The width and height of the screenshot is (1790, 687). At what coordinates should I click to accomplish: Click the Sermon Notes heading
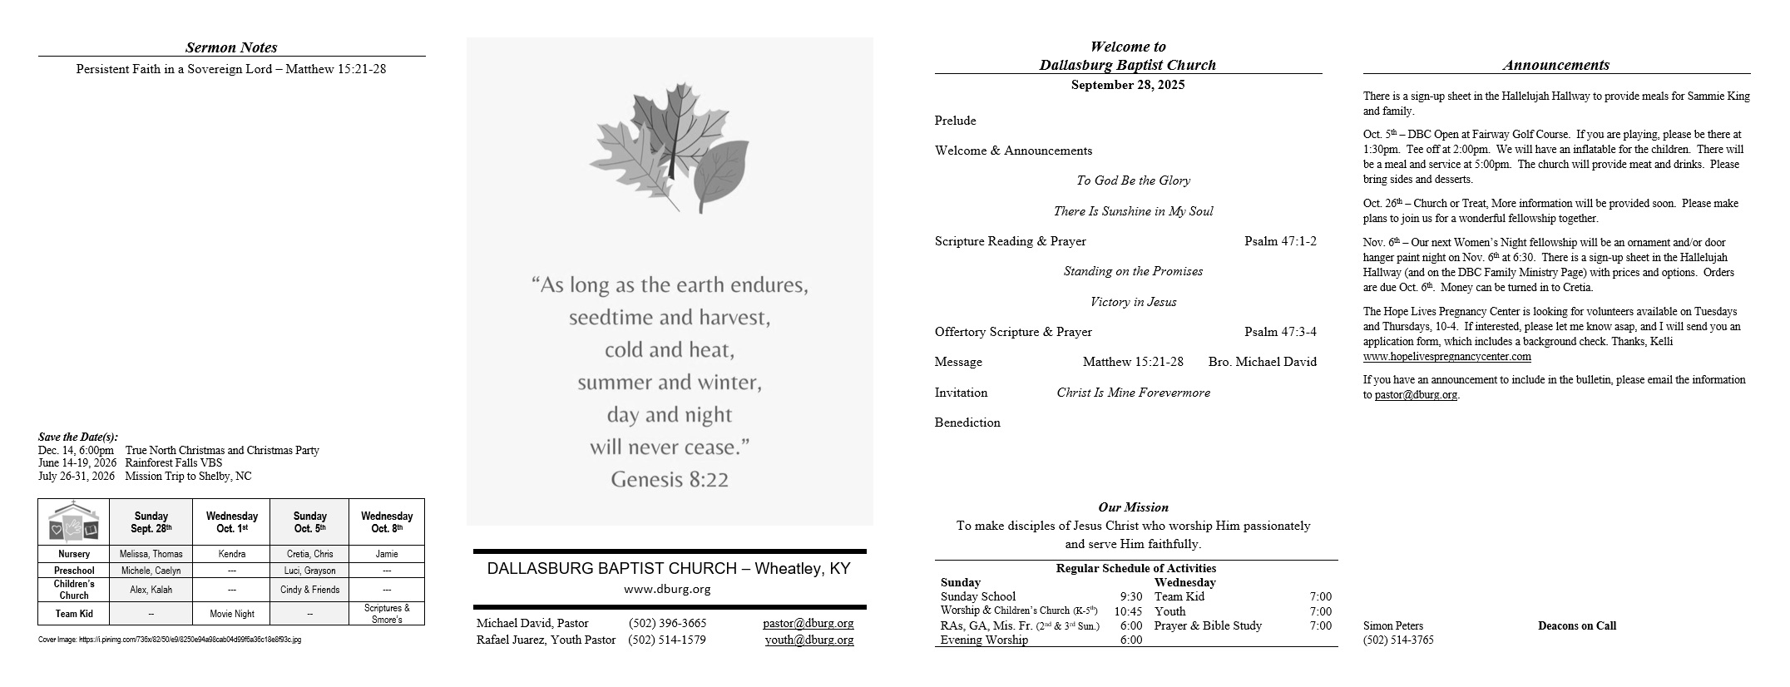[x=231, y=47]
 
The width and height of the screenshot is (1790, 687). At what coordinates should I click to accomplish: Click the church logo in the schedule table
[x=74, y=522]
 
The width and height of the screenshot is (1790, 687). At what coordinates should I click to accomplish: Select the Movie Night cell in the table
[x=231, y=614]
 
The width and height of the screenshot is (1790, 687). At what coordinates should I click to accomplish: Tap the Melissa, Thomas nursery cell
[x=151, y=554]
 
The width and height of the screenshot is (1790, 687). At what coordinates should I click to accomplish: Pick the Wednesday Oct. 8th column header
[x=387, y=522]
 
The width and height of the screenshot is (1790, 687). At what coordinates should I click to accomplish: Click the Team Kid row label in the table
[x=74, y=614]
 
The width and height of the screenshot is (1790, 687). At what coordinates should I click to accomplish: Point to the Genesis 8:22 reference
[x=670, y=479]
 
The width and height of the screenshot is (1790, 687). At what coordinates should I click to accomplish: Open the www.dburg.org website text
[x=667, y=589]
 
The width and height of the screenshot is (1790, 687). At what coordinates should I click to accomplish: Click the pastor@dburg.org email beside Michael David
[x=808, y=623]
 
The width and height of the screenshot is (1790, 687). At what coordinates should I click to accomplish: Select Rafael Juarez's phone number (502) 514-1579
[x=667, y=640]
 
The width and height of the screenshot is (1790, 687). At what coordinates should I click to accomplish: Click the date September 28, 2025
[x=1128, y=85]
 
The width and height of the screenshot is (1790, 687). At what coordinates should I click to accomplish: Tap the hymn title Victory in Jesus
[x=1133, y=302]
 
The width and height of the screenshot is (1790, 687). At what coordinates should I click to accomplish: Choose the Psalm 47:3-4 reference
[x=1280, y=332]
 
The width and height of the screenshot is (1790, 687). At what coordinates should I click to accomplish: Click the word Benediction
[x=967, y=423]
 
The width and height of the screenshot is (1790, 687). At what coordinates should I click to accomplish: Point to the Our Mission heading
[x=1133, y=507]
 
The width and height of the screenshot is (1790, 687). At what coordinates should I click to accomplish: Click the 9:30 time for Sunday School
[x=1130, y=596]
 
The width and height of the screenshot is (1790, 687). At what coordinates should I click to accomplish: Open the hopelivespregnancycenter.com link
[x=1446, y=357]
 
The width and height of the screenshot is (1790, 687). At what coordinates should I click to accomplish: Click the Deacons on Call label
[x=1576, y=626]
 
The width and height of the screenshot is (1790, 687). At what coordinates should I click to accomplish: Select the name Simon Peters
[x=1392, y=626]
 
